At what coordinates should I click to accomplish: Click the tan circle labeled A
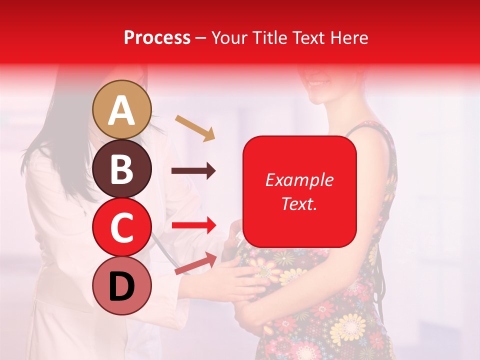pyautogui.click(x=122, y=109)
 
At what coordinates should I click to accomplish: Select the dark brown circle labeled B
pyautogui.click(x=122, y=168)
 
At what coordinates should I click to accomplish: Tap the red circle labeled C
pyautogui.click(x=122, y=227)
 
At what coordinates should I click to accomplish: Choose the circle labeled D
pyautogui.click(x=122, y=285)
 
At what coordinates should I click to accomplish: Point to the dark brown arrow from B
pyautogui.click(x=193, y=171)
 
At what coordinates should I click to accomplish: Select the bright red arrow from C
pyautogui.click(x=193, y=225)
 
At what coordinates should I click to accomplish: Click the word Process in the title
pyautogui.click(x=157, y=37)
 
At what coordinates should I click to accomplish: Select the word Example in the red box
pyautogui.click(x=299, y=180)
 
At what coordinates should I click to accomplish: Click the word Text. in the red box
pyautogui.click(x=299, y=203)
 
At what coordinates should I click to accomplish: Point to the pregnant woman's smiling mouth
pyautogui.click(x=319, y=83)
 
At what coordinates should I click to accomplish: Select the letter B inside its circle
pyautogui.click(x=122, y=169)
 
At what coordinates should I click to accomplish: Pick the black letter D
pyautogui.click(x=122, y=286)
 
